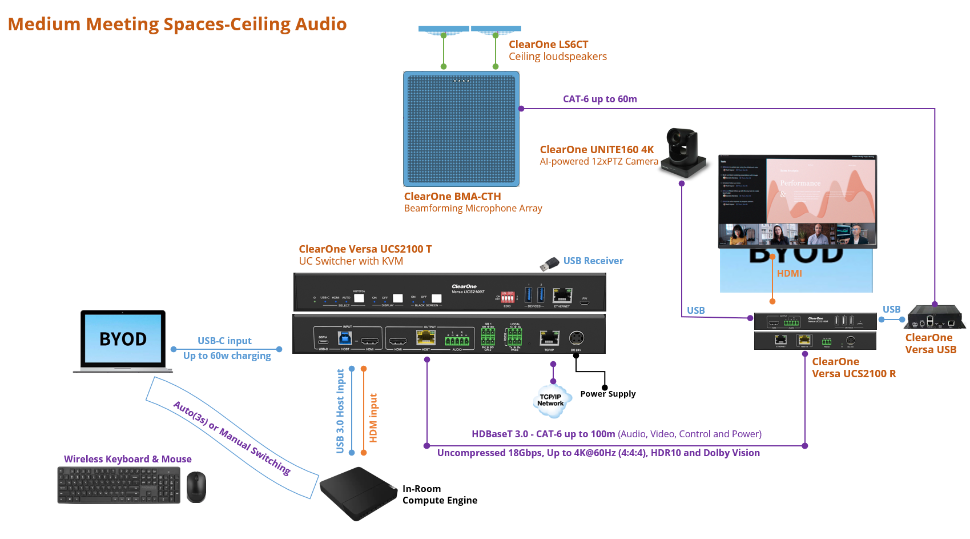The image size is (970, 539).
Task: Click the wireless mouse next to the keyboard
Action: coord(196,487)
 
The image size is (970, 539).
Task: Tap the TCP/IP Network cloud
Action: coord(550,400)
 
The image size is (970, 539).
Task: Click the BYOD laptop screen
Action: coord(123,339)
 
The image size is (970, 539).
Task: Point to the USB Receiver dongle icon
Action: coord(550,264)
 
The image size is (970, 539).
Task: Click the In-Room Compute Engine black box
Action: coord(358,493)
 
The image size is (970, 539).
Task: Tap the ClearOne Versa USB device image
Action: coord(935,318)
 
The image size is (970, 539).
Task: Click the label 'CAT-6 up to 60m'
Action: coord(599,99)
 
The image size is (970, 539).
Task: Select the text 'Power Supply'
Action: coord(607,394)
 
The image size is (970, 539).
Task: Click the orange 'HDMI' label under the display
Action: coord(789,273)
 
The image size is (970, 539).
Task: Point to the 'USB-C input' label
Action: coord(224,341)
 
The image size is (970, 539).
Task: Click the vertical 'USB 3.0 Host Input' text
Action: coord(340,411)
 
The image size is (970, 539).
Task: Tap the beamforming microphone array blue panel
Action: coord(461,129)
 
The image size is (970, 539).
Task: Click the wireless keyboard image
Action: coord(119,485)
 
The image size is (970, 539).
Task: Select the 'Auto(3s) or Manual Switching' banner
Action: coord(232,438)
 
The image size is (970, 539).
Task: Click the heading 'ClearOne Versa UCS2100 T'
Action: coord(365,249)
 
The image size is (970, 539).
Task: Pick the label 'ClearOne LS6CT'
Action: coord(548,44)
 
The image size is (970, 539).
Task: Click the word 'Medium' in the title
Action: coord(44,24)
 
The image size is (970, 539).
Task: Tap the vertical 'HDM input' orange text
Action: coord(373,418)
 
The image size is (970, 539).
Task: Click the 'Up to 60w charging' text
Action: coord(227,356)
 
